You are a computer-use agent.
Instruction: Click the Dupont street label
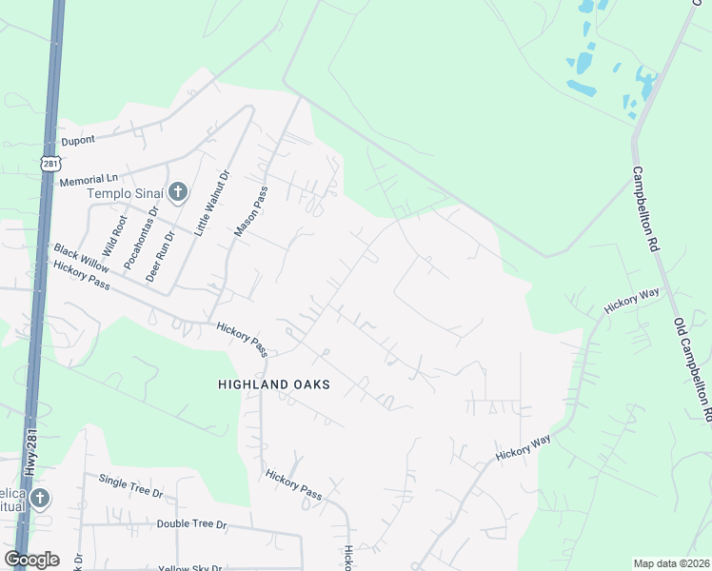79,141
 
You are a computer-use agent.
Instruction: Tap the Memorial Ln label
88,179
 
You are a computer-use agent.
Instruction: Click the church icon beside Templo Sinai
176,193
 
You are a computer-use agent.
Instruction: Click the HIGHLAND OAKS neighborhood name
273,384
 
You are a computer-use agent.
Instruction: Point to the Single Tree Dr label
131,487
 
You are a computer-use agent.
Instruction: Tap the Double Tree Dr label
192,524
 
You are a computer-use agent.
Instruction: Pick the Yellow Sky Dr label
189,568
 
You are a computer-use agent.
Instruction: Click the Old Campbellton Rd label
692,370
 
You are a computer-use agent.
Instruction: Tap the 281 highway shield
50,164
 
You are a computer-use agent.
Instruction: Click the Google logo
31,560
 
